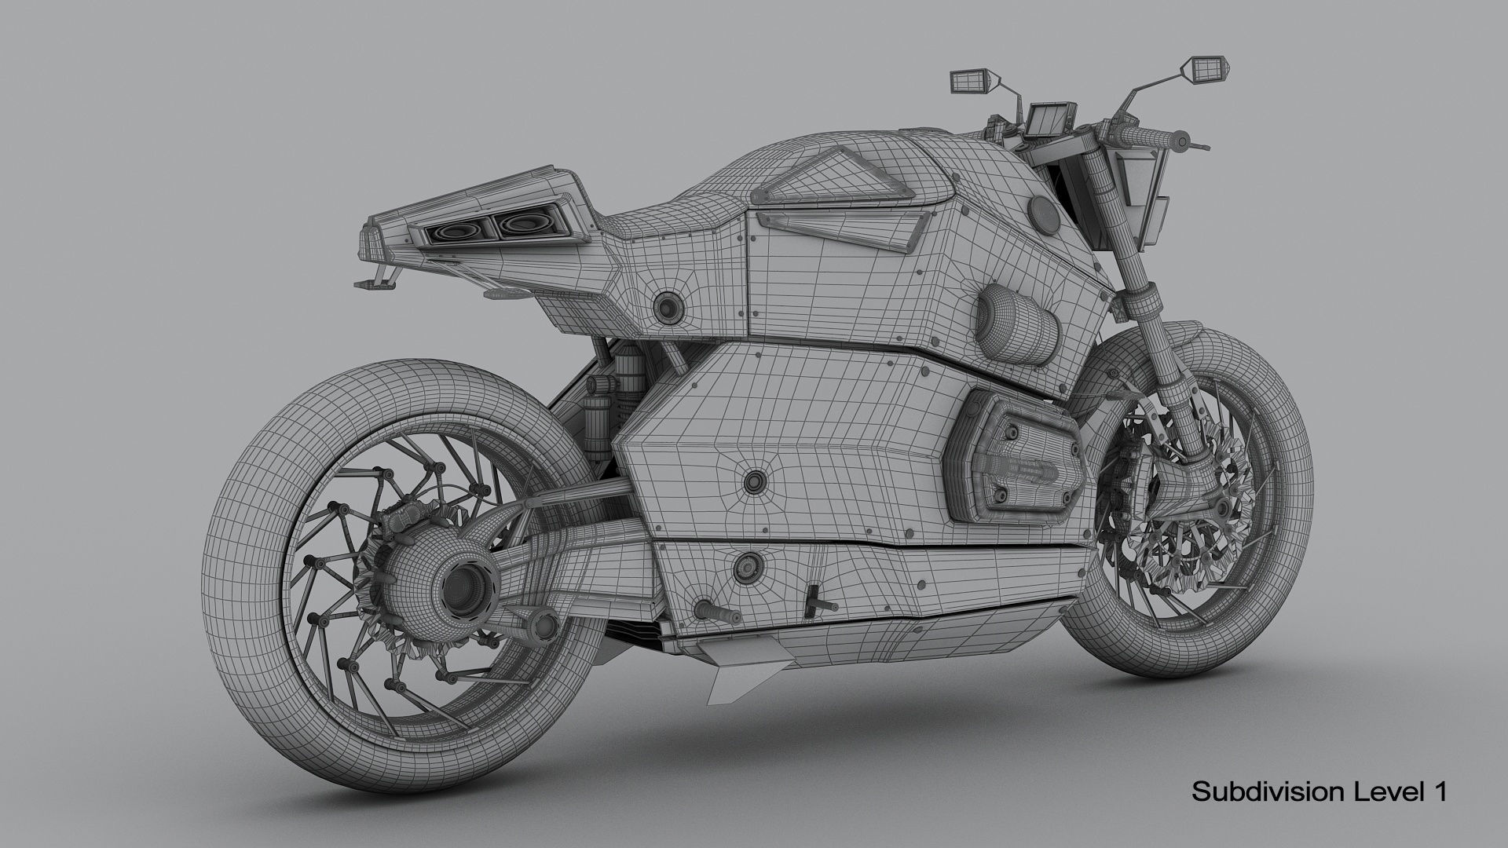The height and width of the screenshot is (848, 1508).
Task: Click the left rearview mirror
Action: click(x=968, y=80)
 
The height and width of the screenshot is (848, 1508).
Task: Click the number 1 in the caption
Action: click(x=1439, y=791)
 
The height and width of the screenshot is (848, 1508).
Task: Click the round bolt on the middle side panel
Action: click(x=756, y=480)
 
